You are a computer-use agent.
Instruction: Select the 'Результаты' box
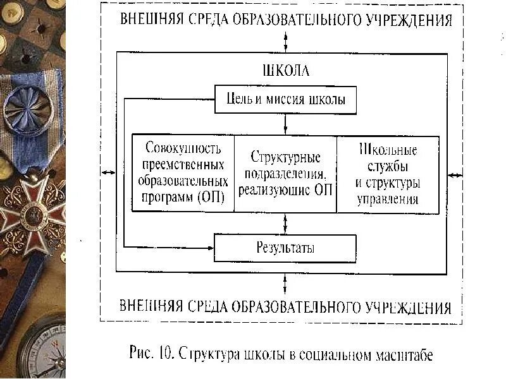coord(285,248)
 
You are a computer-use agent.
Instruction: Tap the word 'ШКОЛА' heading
coord(285,71)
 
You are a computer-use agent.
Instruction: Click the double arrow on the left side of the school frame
coord(108,173)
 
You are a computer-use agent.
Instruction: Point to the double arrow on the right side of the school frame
coord(455,174)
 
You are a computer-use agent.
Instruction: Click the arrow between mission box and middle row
coord(286,124)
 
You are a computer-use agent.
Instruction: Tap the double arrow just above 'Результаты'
coord(286,223)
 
